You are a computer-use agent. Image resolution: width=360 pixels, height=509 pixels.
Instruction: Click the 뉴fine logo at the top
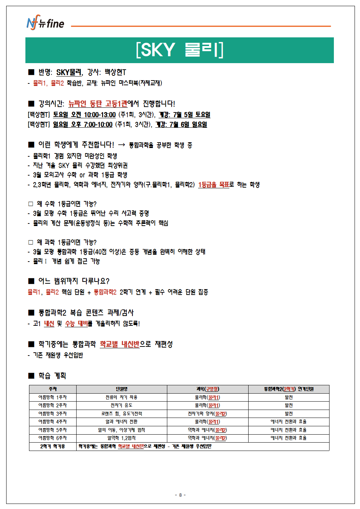click(45, 23)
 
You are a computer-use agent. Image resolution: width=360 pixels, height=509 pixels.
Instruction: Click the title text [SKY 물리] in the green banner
click(180, 50)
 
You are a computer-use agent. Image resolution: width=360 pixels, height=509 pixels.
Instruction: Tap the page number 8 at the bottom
click(180, 495)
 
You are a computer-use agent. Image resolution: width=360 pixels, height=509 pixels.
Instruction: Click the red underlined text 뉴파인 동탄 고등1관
click(98, 104)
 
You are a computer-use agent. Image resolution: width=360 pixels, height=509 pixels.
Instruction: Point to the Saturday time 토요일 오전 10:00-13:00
click(84, 115)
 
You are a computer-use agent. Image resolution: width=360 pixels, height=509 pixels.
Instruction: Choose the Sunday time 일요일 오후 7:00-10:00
click(83, 124)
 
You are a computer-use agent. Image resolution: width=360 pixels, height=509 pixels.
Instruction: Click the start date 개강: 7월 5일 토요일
click(185, 115)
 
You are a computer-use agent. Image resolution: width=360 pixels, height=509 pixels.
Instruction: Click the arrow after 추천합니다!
click(122, 145)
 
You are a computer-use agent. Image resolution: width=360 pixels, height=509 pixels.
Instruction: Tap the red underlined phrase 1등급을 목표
click(213, 185)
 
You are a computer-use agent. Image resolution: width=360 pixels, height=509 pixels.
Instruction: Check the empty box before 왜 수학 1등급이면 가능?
click(30, 204)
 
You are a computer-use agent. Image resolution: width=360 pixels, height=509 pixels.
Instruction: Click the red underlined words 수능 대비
click(77, 323)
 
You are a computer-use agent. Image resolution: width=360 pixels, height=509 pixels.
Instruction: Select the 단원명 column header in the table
click(122, 389)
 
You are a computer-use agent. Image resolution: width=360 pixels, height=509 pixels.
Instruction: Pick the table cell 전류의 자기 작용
click(122, 397)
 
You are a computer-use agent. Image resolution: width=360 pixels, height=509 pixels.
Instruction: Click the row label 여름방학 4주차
click(53, 422)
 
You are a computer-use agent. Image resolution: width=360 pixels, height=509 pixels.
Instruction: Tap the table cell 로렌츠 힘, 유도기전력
click(122, 414)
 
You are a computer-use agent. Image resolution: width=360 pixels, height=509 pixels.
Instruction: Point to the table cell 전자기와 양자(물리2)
click(208, 414)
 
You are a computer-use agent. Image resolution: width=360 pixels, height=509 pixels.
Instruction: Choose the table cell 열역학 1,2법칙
click(122, 438)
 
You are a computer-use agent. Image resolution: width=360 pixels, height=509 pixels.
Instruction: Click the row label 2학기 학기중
click(53, 446)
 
